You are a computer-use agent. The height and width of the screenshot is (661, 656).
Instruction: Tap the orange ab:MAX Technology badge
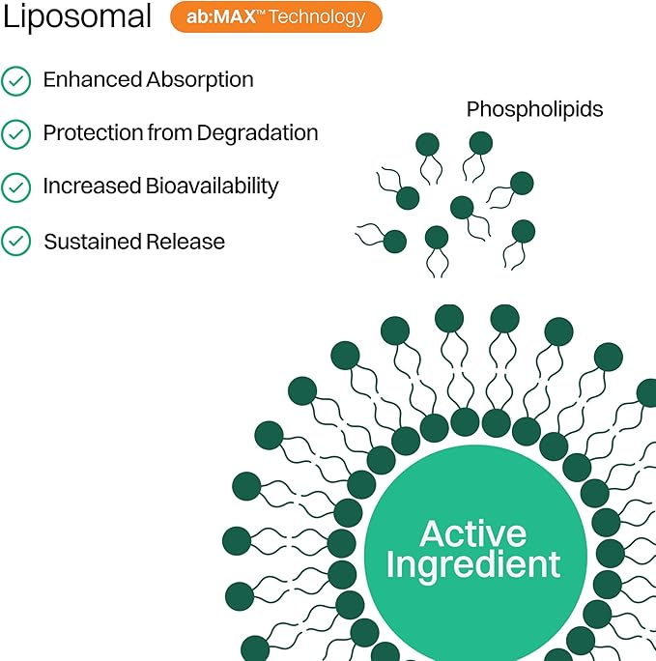click(x=276, y=16)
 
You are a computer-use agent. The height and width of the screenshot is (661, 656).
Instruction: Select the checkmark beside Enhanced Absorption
click(x=15, y=81)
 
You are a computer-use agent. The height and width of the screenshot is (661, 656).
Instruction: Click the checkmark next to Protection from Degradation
click(x=15, y=134)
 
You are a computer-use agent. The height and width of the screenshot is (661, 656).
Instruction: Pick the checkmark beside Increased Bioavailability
click(x=15, y=187)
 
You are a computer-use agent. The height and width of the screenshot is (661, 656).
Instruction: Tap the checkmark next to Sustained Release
click(x=15, y=241)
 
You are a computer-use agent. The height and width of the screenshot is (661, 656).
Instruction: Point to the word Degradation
click(x=257, y=133)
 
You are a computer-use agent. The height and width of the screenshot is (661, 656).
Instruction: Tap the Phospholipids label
click(x=534, y=109)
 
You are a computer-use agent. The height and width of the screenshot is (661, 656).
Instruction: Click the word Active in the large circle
click(x=473, y=533)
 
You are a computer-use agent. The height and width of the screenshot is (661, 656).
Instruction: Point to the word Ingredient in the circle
click(x=473, y=564)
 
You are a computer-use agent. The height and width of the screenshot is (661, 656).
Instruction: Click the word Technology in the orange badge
click(x=319, y=17)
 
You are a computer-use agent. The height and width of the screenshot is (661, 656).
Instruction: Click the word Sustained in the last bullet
click(x=89, y=241)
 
